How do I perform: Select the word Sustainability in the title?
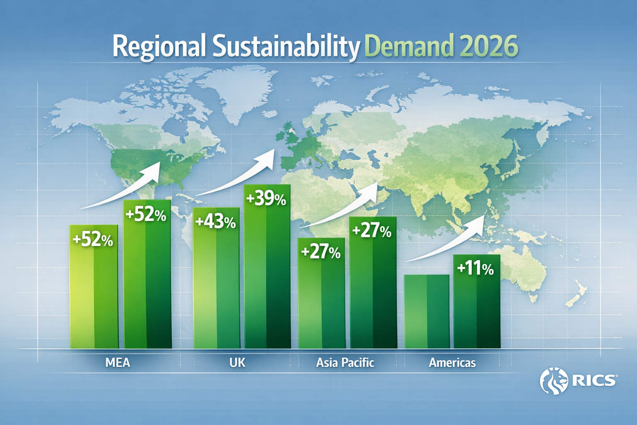[x=286, y=47]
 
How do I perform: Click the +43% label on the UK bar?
[x=215, y=222]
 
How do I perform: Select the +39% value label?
[x=266, y=199]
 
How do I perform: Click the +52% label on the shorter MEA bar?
[x=93, y=240]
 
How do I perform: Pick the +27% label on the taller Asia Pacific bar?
[x=372, y=231]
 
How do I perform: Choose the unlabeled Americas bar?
[x=427, y=311]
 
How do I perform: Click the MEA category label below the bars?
[x=118, y=363]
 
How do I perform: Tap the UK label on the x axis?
[x=237, y=363]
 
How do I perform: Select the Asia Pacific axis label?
[x=345, y=363]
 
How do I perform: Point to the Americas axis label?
[x=452, y=363]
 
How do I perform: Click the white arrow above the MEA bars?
[x=124, y=187]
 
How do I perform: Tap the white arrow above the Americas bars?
[x=448, y=241]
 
